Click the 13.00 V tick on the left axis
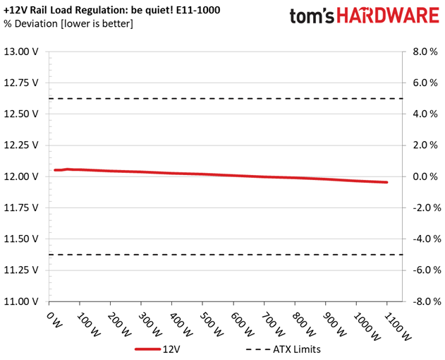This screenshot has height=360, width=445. coord(23,52)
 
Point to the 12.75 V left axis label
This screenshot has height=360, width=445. coord(23,83)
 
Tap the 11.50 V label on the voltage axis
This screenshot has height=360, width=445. coord(23,239)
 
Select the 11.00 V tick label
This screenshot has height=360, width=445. coord(23,301)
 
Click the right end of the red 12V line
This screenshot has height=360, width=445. coord(386,182)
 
